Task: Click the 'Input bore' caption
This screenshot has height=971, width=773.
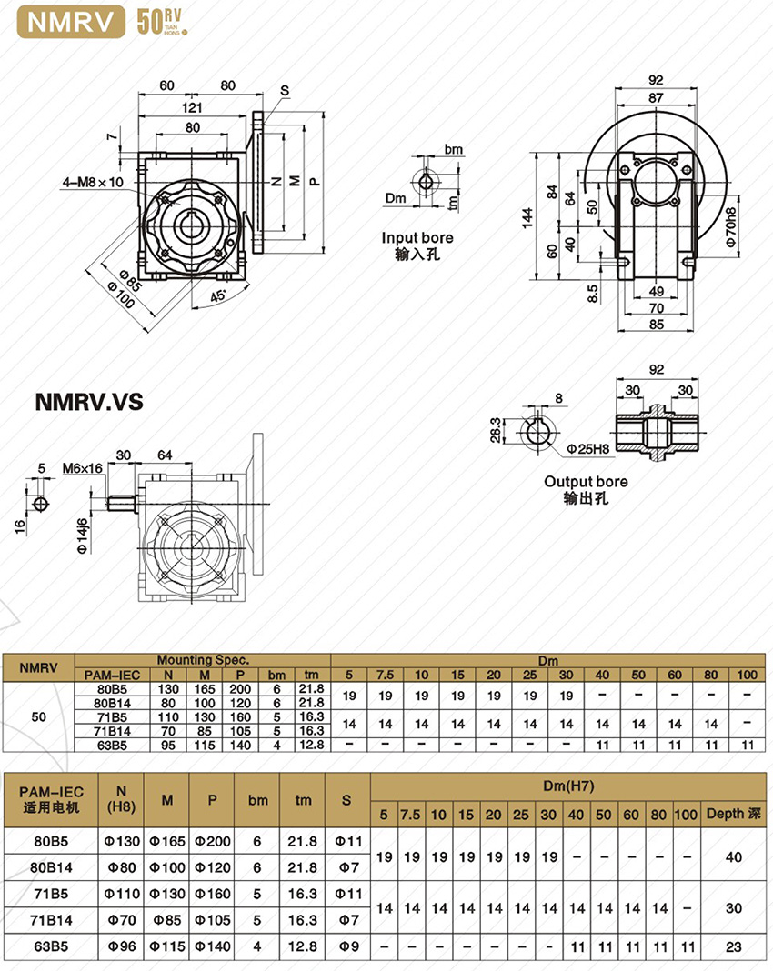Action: [x=417, y=238]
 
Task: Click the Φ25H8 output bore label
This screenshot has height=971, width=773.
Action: [x=587, y=447]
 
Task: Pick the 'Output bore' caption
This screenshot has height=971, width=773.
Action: [x=586, y=481]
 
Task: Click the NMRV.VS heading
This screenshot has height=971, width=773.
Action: [x=88, y=402]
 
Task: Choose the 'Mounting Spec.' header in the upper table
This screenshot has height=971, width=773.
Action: [x=203, y=659]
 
